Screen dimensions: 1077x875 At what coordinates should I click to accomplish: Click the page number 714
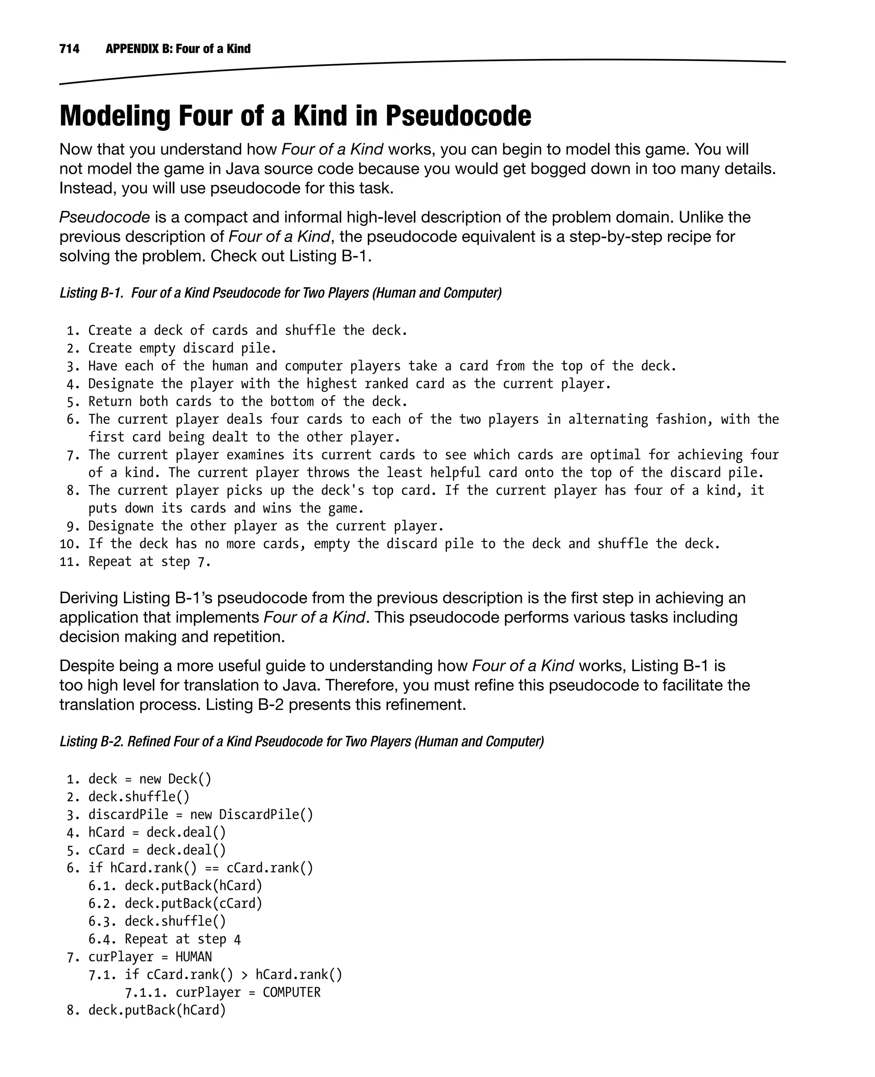(70, 49)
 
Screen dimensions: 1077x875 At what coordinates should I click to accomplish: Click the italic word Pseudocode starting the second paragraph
(104, 217)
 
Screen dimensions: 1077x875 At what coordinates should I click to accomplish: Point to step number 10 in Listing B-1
(70, 544)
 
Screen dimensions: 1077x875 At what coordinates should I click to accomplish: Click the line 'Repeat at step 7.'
(150, 562)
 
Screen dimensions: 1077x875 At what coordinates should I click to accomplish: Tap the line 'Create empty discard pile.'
(182, 348)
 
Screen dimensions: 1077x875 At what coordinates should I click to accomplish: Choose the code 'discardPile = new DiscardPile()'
(201, 815)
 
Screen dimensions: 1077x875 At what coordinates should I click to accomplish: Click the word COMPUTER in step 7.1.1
(291, 993)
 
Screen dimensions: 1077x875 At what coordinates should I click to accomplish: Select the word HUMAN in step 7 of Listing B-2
(194, 957)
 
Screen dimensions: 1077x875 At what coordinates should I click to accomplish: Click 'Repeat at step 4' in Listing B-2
(182, 939)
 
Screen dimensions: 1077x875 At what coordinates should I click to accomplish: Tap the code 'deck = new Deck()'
(150, 780)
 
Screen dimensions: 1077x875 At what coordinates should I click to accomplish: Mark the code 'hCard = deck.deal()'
(157, 833)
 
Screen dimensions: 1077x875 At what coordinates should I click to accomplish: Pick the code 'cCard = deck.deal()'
(157, 850)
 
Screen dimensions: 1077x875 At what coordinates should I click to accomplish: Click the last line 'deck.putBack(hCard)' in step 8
(157, 1010)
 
